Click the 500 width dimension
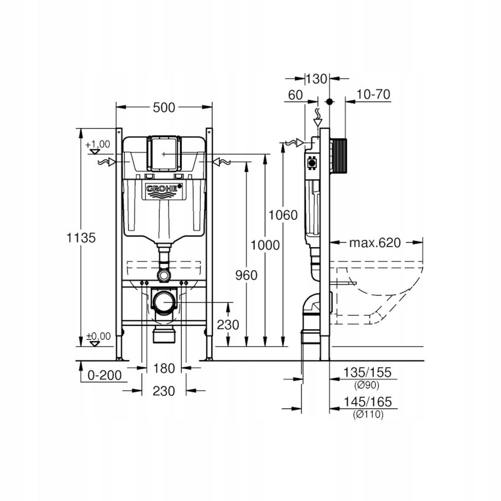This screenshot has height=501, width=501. click(164, 107)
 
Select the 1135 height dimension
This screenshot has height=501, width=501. click(81, 238)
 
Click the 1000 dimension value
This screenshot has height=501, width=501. click(265, 245)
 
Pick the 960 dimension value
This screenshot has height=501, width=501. click(246, 275)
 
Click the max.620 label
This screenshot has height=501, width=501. click(375, 243)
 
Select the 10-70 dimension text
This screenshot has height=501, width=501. click(373, 95)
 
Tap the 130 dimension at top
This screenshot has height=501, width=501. click(317, 79)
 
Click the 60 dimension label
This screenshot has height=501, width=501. click(295, 95)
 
